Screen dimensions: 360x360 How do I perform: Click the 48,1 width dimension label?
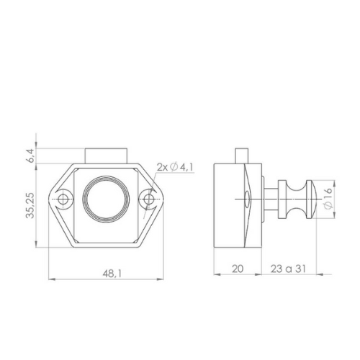(x=112, y=274)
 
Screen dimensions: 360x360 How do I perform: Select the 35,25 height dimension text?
(x=30, y=205)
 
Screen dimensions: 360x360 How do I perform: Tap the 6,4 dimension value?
(x=32, y=156)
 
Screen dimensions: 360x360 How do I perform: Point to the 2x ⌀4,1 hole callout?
(x=175, y=167)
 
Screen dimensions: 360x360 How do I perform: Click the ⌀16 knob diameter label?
(x=328, y=198)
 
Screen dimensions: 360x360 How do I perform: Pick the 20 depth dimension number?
(x=238, y=269)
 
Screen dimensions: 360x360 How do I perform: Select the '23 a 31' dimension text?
(x=289, y=269)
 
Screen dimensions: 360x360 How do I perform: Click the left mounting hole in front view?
(x=63, y=199)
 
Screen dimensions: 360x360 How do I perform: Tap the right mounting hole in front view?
(x=149, y=199)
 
